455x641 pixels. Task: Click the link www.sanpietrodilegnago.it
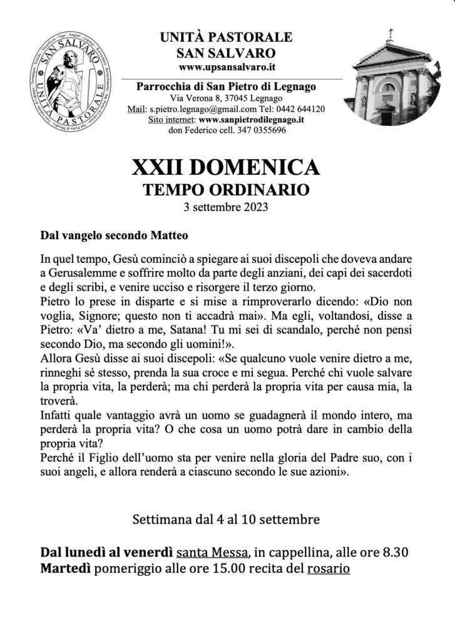pos(252,120)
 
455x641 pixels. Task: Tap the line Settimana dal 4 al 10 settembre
pos(227,519)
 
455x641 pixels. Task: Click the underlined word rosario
pos(328,569)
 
